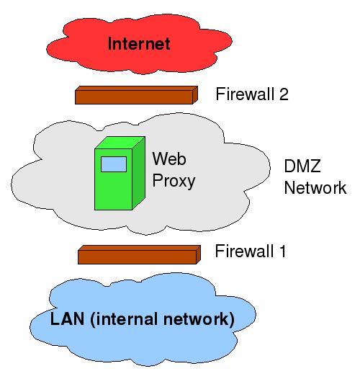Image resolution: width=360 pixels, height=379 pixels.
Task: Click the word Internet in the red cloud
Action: (139, 43)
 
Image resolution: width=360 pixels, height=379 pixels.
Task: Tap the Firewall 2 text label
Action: (252, 94)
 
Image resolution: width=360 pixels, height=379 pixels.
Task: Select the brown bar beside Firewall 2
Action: (137, 95)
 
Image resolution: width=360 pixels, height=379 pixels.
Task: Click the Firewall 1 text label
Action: (251, 251)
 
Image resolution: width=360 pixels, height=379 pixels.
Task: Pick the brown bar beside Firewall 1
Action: (139, 254)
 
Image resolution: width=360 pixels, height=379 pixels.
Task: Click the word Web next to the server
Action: (169, 159)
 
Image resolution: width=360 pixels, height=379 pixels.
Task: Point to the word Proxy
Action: (174, 181)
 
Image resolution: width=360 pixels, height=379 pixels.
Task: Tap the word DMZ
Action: (302, 166)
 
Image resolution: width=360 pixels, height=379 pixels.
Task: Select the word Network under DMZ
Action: (315, 187)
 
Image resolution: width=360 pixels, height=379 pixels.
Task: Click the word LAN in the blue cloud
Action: (68, 318)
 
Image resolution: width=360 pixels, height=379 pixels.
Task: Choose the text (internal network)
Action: (162, 319)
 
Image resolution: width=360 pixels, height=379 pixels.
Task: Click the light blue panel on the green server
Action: (114, 164)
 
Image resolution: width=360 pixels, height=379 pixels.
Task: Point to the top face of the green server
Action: (120, 143)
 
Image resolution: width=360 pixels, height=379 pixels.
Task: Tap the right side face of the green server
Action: (138, 173)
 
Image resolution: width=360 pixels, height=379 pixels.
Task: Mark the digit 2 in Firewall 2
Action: (284, 94)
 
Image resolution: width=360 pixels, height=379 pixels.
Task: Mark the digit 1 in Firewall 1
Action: (282, 251)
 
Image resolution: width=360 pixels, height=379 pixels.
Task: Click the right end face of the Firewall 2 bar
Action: (195, 95)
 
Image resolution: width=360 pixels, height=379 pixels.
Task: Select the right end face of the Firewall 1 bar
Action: (199, 254)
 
